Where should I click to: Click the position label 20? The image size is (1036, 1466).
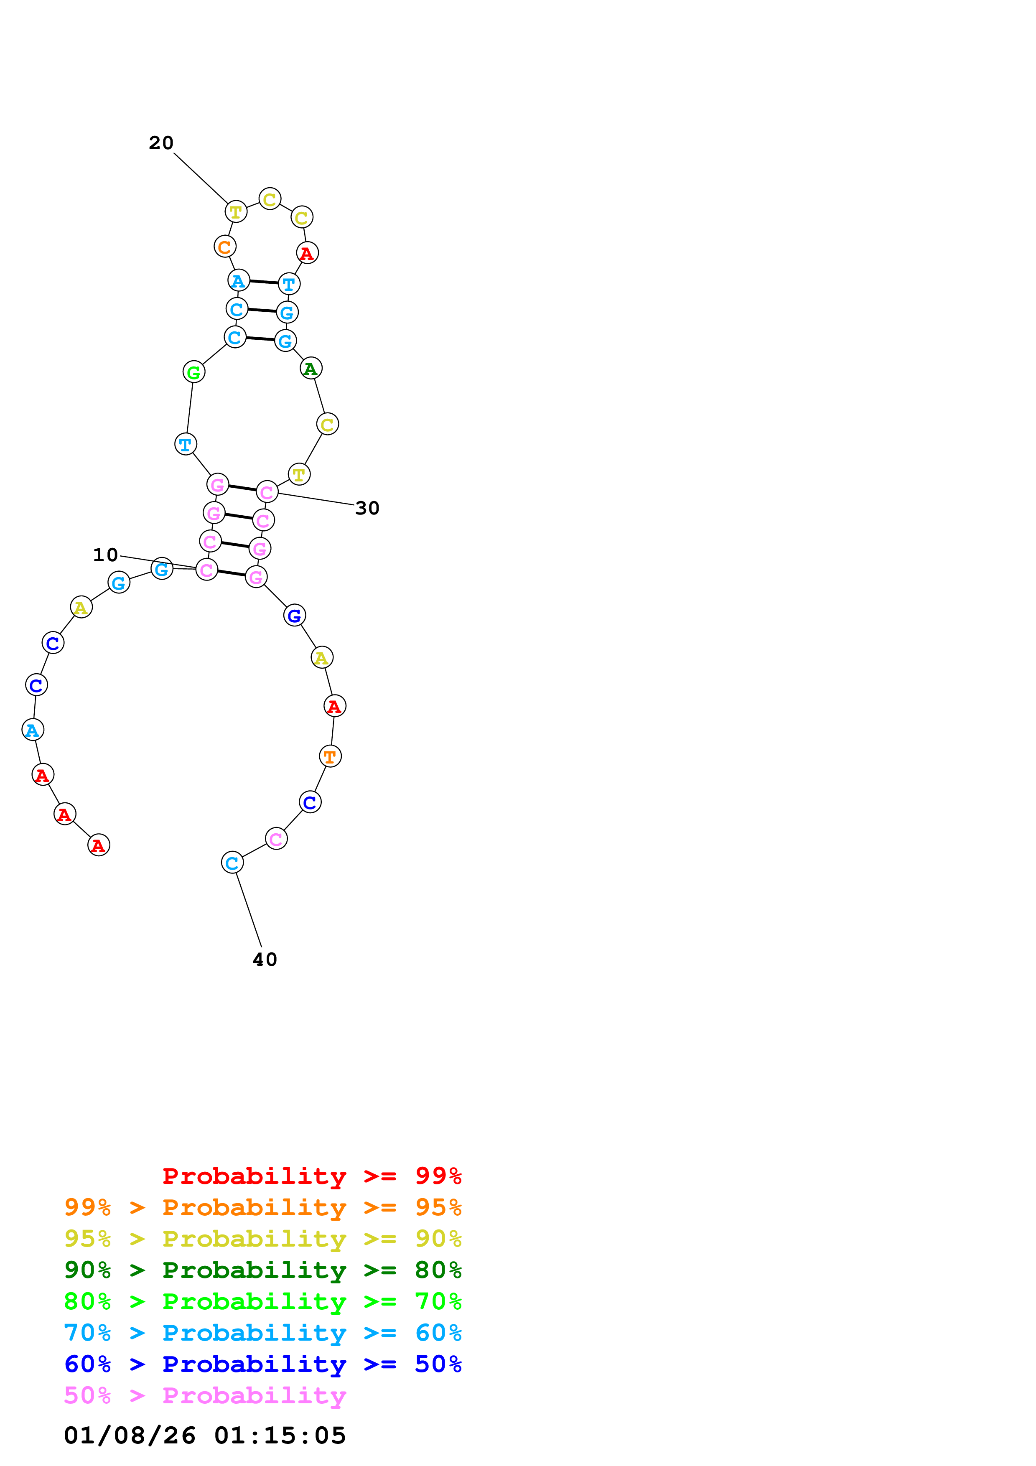161,143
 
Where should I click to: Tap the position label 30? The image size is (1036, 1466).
367,508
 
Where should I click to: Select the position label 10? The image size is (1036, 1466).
105,555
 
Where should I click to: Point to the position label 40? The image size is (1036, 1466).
265,960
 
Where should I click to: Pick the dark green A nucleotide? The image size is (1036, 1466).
311,369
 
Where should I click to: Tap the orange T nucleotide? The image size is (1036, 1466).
330,757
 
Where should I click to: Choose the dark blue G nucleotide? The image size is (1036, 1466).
294,616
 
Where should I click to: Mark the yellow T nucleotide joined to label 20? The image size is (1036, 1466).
236,211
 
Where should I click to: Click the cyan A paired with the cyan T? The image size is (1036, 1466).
238,280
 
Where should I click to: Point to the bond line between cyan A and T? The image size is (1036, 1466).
264,282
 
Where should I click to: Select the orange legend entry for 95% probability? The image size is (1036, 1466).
262,1207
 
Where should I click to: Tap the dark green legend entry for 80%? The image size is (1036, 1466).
262,1270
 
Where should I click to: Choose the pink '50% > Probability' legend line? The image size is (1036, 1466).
205,1396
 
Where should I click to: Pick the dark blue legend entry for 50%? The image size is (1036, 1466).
262,1364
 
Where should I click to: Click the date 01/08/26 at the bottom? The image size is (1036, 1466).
130,1435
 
